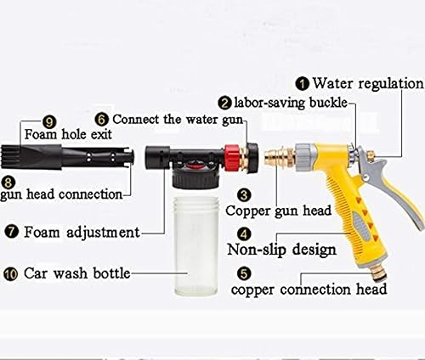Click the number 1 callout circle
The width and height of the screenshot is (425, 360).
click(303, 84)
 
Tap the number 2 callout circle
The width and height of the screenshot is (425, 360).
click(225, 103)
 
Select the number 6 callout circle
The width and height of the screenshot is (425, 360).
click(102, 119)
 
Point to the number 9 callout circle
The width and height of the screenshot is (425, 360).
click(49, 122)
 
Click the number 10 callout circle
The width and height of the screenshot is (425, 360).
click(11, 274)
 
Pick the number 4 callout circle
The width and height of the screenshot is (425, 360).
click(244, 234)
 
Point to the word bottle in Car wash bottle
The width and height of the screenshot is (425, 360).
click(111, 273)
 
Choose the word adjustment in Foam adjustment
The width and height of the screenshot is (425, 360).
click(103, 233)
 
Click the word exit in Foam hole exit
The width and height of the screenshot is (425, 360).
click(101, 134)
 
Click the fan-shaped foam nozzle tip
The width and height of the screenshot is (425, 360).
click(12, 157)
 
